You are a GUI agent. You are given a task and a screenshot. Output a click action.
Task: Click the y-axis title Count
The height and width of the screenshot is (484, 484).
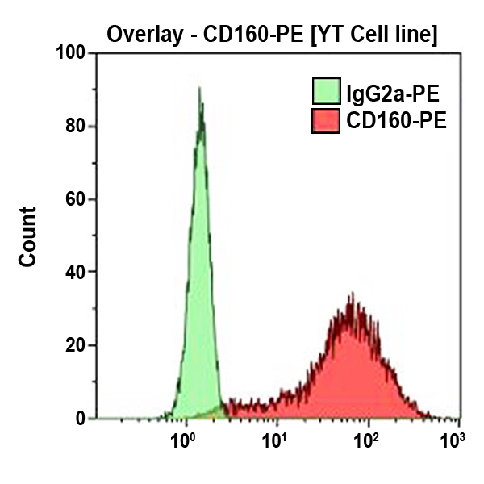point(28,236)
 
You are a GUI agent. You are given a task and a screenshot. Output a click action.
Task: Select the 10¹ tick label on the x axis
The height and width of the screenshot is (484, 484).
point(277,441)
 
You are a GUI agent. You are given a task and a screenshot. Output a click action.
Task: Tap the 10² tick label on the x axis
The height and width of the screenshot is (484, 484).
point(368,441)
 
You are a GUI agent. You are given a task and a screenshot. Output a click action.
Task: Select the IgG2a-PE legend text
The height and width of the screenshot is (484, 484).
point(390,91)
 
